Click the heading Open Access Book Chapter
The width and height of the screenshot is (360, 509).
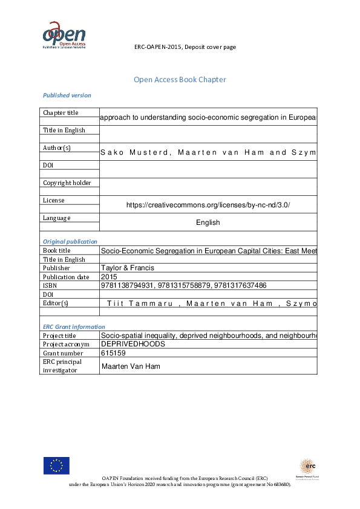[x=180, y=80]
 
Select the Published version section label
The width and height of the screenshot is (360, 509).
[x=67, y=95]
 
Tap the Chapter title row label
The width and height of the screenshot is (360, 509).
[x=61, y=112]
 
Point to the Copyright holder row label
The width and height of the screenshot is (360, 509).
[x=67, y=183]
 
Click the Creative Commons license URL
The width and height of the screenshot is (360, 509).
[x=208, y=205]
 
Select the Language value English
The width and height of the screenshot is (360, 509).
[x=208, y=222]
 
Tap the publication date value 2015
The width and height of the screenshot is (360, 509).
[x=110, y=276]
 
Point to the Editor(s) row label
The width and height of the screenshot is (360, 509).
[x=56, y=303]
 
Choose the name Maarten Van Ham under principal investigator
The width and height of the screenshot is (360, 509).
[x=131, y=366]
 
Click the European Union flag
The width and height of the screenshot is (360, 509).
[x=56, y=465]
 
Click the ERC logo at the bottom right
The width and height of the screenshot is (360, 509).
[x=307, y=467]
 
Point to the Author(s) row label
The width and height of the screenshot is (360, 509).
[x=57, y=148]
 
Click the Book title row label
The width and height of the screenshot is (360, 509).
[x=57, y=250]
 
